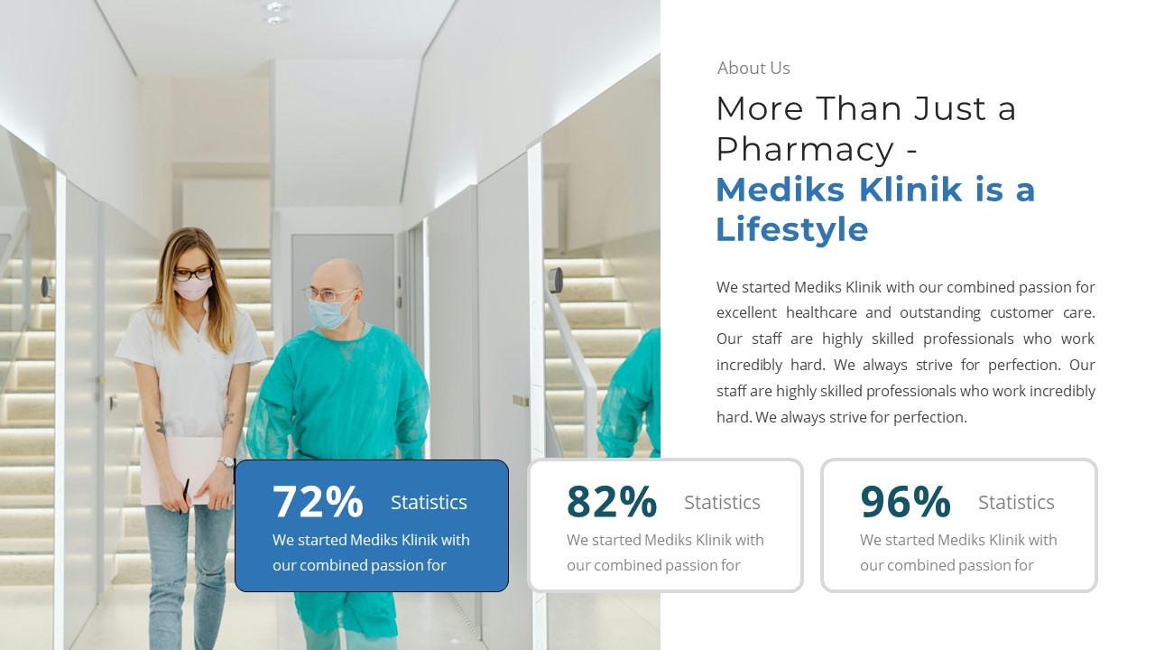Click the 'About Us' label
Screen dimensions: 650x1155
pyautogui.click(x=753, y=68)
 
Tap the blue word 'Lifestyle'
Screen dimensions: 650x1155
pyautogui.click(x=791, y=229)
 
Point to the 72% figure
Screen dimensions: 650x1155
pyautogui.click(x=318, y=501)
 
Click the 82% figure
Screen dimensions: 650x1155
pyautogui.click(x=612, y=501)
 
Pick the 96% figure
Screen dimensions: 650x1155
pyautogui.click(x=905, y=501)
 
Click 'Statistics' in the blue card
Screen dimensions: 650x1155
pyautogui.click(x=429, y=502)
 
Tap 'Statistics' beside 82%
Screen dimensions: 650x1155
pyautogui.click(x=722, y=502)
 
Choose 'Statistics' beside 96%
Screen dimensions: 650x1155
pyautogui.click(x=1016, y=502)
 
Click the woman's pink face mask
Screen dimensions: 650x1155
pyautogui.click(x=193, y=288)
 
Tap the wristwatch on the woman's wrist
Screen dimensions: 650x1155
pyautogui.click(x=226, y=462)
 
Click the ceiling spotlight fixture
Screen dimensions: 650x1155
pyautogui.click(x=275, y=12)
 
